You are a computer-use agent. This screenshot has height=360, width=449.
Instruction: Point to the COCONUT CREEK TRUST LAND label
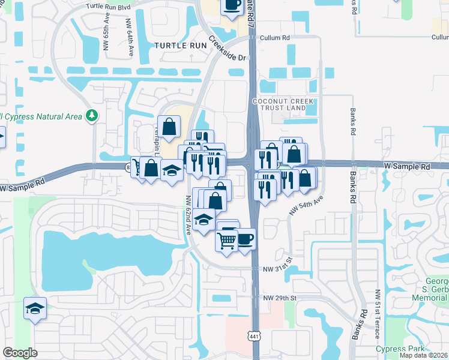[284, 106]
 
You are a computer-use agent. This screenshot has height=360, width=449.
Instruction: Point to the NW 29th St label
[280, 298]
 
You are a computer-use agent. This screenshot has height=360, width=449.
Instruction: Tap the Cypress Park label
[400, 349]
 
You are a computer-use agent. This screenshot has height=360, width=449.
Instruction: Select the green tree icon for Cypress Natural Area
[92, 115]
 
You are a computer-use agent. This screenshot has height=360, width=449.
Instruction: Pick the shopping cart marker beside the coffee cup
[226, 241]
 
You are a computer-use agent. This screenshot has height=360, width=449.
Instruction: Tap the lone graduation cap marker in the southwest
[35, 308]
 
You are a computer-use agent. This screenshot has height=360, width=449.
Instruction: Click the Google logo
[20, 353]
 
